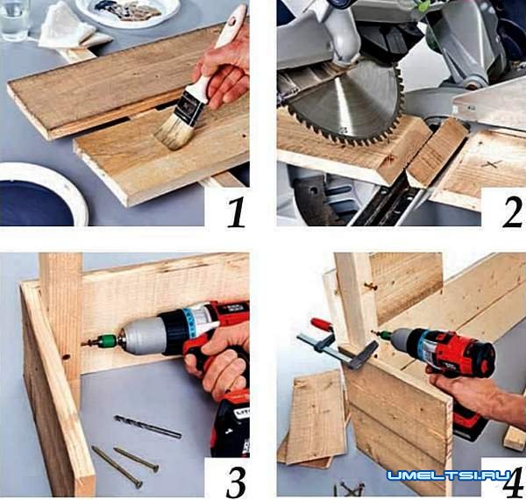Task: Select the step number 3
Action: pos(236,479)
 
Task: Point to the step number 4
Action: pos(513,480)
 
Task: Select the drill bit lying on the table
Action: pos(147,426)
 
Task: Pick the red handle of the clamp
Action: pos(322,325)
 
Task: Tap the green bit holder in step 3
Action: pos(109,340)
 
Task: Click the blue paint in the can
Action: pos(35,203)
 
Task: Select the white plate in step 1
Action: pos(128,12)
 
